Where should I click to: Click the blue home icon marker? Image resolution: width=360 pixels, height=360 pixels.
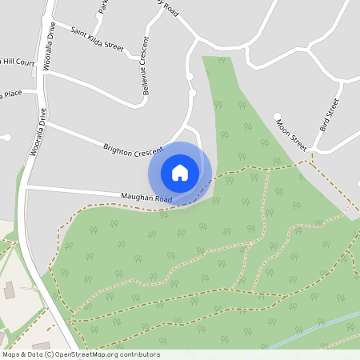click(180, 173)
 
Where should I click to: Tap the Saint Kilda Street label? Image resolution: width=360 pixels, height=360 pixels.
click(97, 40)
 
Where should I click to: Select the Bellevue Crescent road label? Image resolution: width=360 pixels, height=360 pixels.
click(146, 66)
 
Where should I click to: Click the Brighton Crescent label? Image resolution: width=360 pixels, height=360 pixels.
click(132, 149)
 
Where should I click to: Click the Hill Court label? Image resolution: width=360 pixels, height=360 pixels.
click(20, 62)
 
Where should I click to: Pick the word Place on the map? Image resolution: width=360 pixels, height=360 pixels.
click(11, 94)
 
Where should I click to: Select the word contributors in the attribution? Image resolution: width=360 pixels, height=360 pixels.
click(142, 354)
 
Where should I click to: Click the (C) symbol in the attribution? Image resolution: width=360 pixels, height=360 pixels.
click(50, 354)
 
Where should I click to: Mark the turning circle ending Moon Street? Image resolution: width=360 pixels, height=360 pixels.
click(277, 116)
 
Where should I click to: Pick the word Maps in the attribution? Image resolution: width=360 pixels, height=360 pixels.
click(11, 354)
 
